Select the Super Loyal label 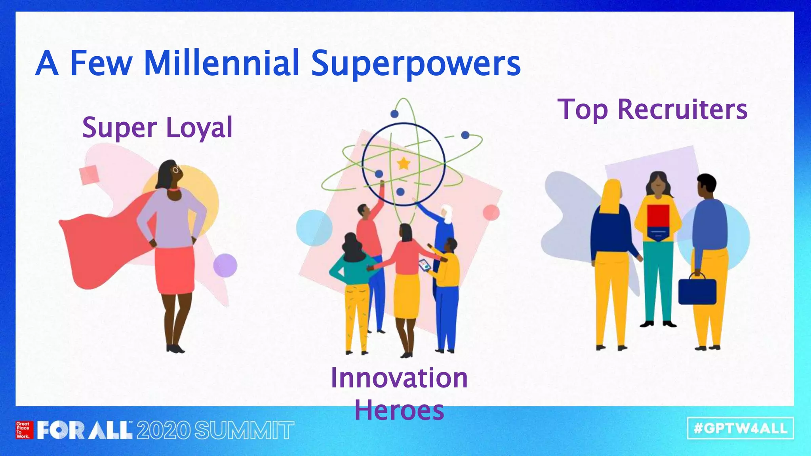(x=157, y=127)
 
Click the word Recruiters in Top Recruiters (x=682, y=109)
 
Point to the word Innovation (x=399, y=378)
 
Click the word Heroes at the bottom (x=399, y=410)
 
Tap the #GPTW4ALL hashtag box (x=740, y=428)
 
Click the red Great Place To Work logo (x=23, y=430)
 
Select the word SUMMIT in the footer (x=244, y=431)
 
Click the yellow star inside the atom (x=404, y=163)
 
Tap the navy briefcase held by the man (x=697, y=291)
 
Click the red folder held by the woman (x=658, y=216)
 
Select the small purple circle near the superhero (x=225, y=265)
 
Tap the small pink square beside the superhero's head (x=89, y=175)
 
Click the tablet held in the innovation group (x=425, y=265)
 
